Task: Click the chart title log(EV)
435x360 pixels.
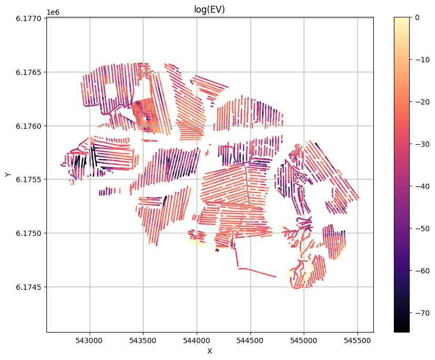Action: tap(209, 9)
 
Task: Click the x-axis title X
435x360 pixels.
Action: tap(209, 351)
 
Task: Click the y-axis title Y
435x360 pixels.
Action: tap(8, 175)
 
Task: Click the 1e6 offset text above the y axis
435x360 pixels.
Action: tap(53, 12)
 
